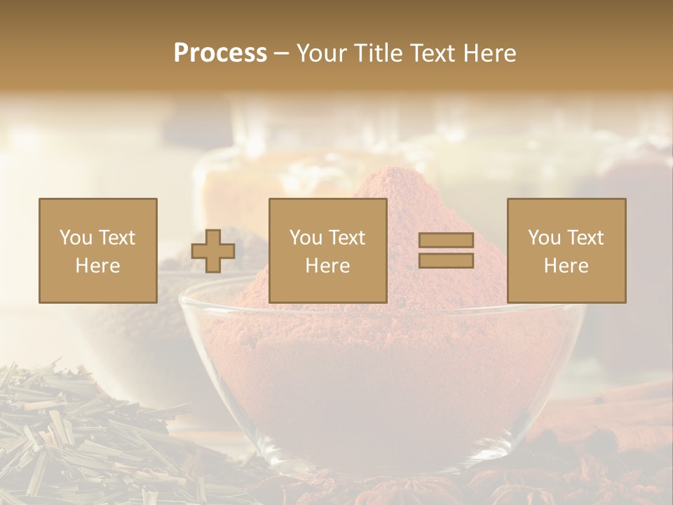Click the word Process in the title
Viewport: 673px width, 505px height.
tap(220, 53)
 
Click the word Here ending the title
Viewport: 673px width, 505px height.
tap(488, 53)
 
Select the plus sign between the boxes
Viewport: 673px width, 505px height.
tap(213, 251)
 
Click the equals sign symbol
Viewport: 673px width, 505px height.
tap(446, 250)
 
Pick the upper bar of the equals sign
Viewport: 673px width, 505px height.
tap(446, 241)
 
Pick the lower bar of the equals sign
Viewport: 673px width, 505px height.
tap(446, 260)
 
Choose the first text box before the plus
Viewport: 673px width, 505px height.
tap(97, 250)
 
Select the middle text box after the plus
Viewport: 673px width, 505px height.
tap(327, 250)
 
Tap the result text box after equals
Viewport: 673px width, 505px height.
tap(566, 250)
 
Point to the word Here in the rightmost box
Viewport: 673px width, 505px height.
tap(566, 266)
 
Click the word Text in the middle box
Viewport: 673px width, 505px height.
tap(347, 238)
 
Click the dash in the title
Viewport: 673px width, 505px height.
tap(281, 53)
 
